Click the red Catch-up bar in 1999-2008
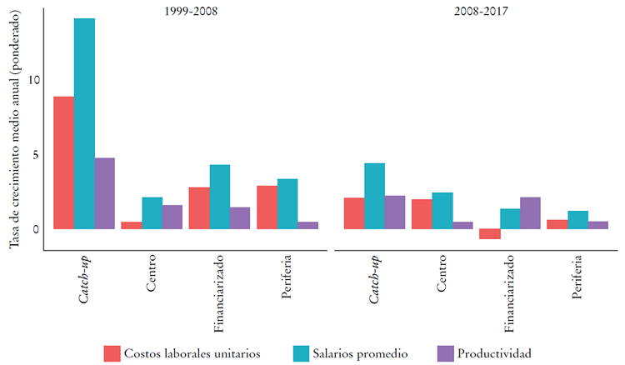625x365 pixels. (64, 162)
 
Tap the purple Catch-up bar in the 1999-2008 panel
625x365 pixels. (104, 193)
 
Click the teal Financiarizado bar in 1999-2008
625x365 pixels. (220, 197)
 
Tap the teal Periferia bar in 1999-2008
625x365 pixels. (287, 204)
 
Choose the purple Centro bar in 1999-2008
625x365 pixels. (172, 217)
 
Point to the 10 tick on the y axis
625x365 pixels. (32, 80)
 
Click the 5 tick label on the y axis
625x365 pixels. (34, 154)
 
